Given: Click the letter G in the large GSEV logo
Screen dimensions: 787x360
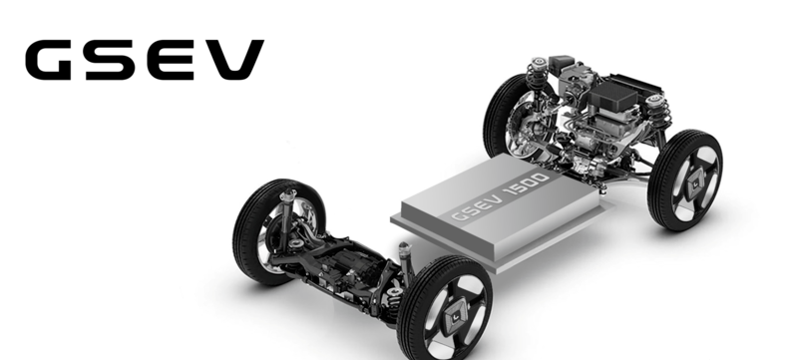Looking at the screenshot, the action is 48,59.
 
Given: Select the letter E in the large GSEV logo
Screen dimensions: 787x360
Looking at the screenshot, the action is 170,59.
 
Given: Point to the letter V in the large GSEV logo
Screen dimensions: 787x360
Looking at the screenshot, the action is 231,59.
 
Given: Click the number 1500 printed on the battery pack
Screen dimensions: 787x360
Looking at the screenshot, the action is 528,184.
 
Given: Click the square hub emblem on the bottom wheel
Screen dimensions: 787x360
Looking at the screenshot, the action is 457,318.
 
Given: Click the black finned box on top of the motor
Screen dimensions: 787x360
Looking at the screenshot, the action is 612,96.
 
